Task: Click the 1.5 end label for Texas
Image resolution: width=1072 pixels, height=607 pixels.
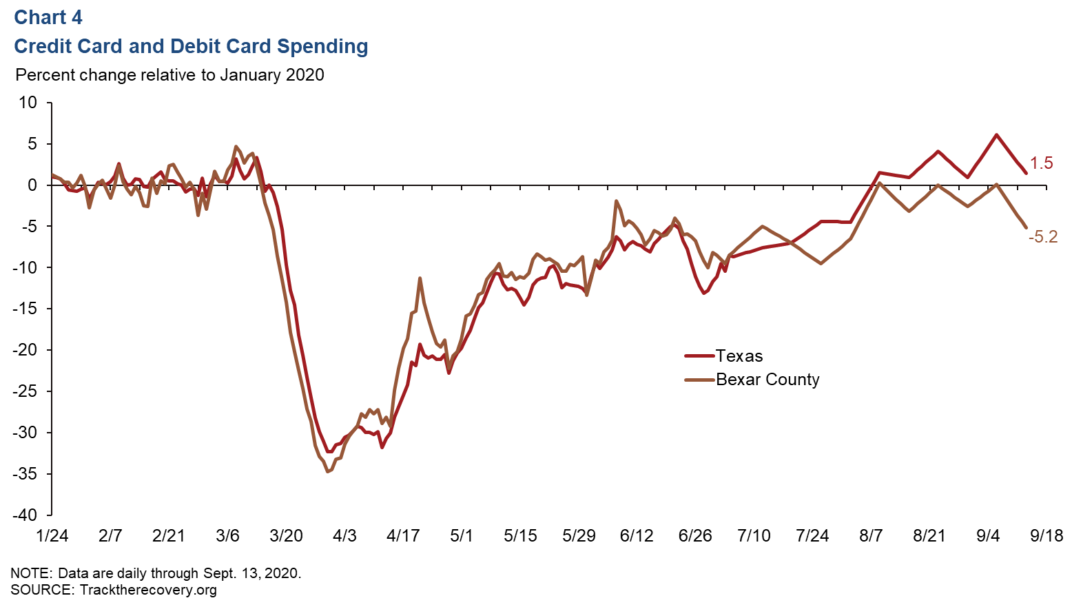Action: tap(1041, 163)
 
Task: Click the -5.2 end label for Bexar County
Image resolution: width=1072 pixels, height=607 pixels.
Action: tap(1042, 237)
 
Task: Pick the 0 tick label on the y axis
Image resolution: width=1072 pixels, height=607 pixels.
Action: tap(32, 185)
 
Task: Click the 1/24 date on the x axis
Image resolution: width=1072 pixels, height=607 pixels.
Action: tap(52, 536)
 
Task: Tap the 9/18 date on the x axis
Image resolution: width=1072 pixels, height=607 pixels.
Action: tap(1046, 536)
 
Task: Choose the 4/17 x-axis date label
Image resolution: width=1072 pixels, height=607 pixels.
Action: tap(403, 536)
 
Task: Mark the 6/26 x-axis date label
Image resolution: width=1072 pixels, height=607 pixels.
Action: tap(695, 536)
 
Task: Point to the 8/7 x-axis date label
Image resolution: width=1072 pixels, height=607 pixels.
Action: tap(871, 536)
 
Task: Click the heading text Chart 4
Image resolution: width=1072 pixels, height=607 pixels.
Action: tap(48, 17)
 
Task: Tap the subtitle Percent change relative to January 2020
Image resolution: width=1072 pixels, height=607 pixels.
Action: tap(169, 74)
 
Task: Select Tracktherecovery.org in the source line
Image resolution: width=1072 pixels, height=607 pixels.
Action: tap(148, 590)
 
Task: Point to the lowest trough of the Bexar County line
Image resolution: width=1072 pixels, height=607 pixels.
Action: tap(327, 471)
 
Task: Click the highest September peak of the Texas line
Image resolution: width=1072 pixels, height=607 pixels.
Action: tap(996, 135)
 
